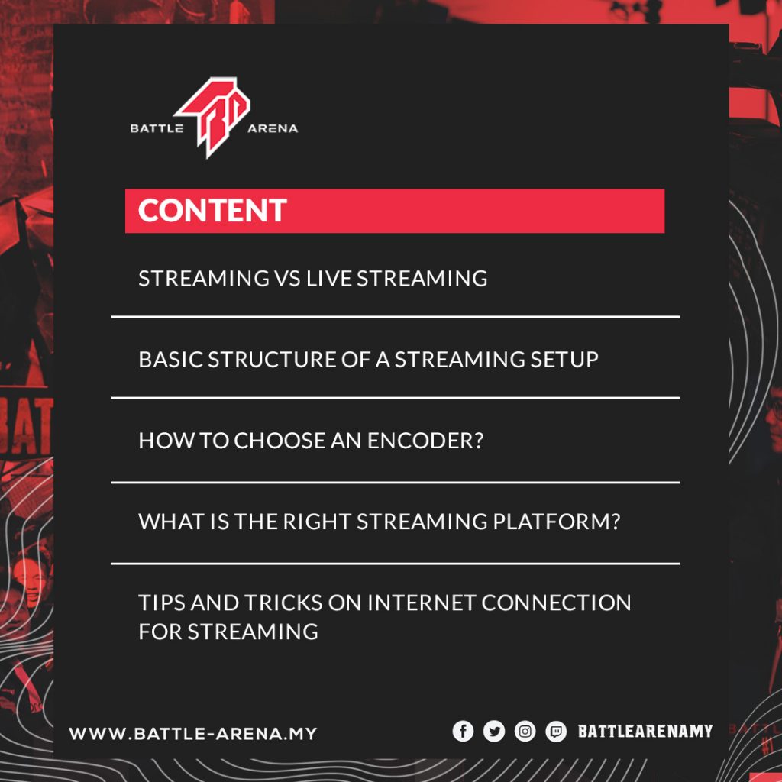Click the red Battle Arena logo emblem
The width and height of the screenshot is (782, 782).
(x=213, y=117)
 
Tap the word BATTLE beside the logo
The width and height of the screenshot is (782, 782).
(x=157, y=128)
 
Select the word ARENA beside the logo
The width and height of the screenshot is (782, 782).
(x=273, y=128)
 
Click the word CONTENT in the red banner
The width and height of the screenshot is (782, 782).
(x=212, y=211)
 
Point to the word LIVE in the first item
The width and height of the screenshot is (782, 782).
(x=329, y=278)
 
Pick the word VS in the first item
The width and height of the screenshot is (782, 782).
(x=287, y=278)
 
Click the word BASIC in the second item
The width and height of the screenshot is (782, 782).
(x=170, y=360)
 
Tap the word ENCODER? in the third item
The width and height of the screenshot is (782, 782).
(x=425, y=441)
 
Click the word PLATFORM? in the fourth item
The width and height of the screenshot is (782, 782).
(x=557, y=522)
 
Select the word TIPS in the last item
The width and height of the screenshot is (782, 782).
(x=162, y=603)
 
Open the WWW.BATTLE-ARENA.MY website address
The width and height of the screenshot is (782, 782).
(x=193, y=734)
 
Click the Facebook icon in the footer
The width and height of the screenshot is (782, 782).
(x=463, y=732)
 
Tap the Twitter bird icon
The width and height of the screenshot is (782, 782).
(x=494, y=732)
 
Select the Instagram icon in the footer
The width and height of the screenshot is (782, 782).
(x=525, y=732)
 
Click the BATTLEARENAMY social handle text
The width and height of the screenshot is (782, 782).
(x=645, y=732)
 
